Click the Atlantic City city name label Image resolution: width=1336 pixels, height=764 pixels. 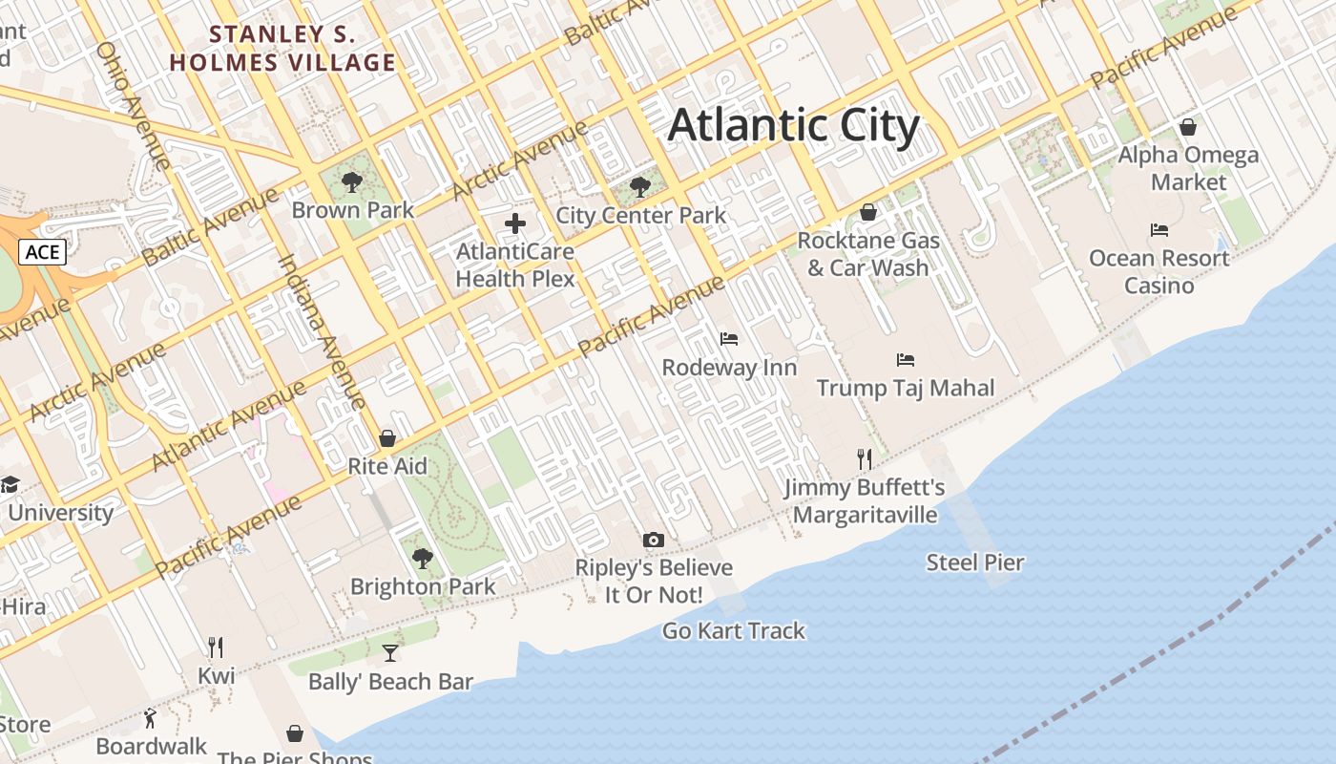tap(793, 125)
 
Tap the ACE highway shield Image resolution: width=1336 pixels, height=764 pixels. tap(42, 252)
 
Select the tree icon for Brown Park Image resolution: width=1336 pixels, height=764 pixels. tap(352, 181)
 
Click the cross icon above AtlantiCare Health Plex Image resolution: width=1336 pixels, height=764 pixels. tap(515, 224)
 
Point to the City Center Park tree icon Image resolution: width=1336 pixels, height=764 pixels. tap(640, 186)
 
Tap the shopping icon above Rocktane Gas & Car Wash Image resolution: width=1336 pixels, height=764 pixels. tap(868, 212)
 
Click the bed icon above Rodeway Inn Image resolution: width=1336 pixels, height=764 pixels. tap(728, 339)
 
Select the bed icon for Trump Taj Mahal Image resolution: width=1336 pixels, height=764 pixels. tap(906, 360)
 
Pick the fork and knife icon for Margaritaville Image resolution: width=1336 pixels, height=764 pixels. tap(865, 459)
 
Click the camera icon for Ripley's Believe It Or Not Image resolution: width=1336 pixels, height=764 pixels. tap(654, 540)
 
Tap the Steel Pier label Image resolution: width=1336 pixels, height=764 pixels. tap(975, 562)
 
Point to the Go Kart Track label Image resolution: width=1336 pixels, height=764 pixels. tap(734, 630)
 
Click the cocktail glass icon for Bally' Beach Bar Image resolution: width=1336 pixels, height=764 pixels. tap(390, 653)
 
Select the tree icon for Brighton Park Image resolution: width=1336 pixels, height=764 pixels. tap(422, 559)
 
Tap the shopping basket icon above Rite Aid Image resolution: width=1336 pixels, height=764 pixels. tap(387, 438)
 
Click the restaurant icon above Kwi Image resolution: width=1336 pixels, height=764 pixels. tap(216, 647)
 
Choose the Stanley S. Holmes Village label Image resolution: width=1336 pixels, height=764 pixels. tap(282, 49)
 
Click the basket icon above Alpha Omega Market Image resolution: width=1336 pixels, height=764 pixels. tap(1188, 127)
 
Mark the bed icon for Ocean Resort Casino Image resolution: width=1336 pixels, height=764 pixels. tap(1159, 230)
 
